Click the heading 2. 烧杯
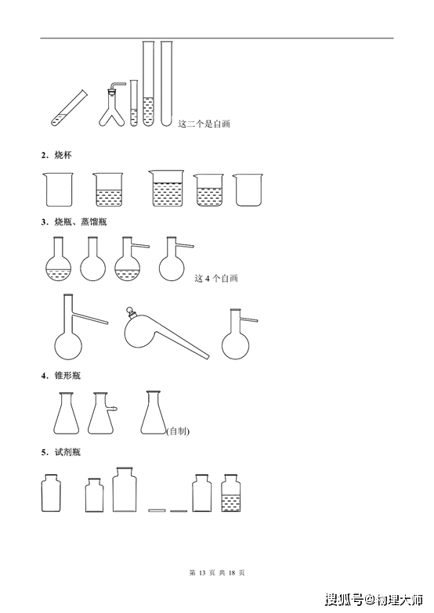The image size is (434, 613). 56,155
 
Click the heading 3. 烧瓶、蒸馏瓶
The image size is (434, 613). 74,222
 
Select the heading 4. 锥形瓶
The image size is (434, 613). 61,376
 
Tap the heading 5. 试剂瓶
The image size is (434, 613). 61,453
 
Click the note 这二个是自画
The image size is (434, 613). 204,124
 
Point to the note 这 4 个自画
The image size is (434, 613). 216,279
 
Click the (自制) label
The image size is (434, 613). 178,431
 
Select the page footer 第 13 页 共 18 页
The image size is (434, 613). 217,573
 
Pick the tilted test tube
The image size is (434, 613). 69,108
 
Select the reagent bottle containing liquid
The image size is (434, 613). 231,493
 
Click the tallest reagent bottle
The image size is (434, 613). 125,489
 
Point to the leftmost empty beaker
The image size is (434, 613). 59,189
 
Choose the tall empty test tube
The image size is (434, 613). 166,83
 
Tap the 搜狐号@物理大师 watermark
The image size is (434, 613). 374,599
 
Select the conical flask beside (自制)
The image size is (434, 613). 153,413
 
